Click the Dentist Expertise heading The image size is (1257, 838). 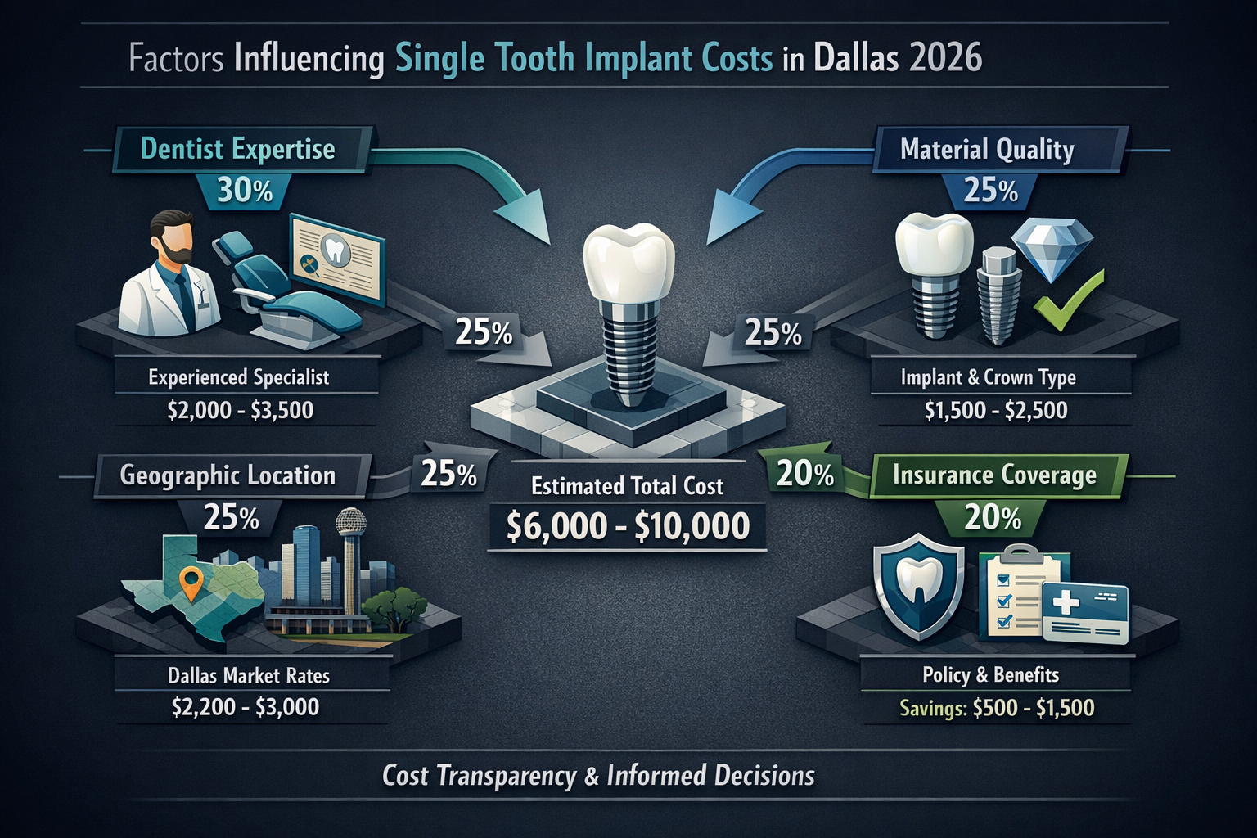[x=238, y=149]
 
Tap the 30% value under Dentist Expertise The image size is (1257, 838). [x=245, y=191]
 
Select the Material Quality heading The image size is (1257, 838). [x=987, y=149]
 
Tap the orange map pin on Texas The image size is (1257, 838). [x=192, y=583]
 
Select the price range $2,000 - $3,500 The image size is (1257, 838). [x=241, y=410]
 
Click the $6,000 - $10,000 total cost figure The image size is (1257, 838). [x=628, y=525]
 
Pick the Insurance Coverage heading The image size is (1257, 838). [x=994, y=475]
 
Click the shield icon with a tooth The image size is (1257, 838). [x=918, y=586]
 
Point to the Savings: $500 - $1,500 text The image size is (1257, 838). [x=997, y=708]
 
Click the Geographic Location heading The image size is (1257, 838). [x=228, y=475]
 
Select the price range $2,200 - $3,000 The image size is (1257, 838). [x=246, y=707]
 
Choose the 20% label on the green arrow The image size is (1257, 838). [x=805, y=474]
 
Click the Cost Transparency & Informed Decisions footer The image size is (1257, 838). [x=598, y=776]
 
